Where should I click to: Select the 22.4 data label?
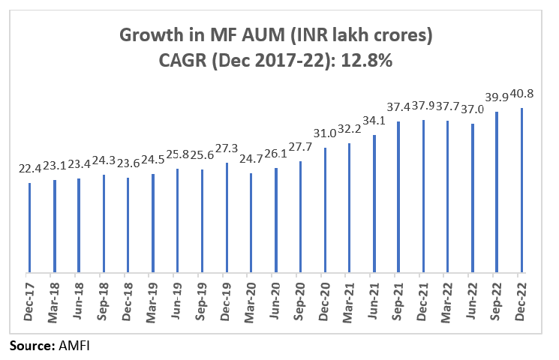[x=30, y=170]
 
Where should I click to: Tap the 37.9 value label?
[x=423, y=107]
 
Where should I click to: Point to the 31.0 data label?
[x=325, y=135]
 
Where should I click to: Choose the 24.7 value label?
[x=251, y=161]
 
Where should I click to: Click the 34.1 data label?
[x=374, y=122]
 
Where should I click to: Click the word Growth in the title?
[x=146, y=35]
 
